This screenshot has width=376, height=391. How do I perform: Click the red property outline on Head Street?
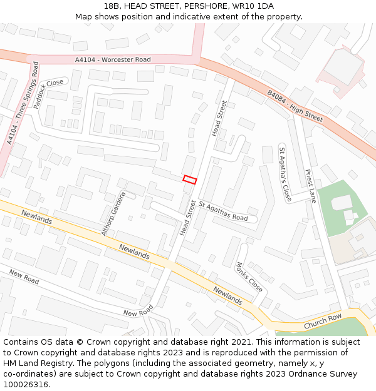(x=190, y=180)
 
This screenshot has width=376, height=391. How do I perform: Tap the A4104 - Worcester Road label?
(x=113, y=59)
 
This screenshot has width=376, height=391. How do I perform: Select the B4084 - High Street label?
(x=295, y=106)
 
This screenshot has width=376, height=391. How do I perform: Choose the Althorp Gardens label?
(x=113, y=214)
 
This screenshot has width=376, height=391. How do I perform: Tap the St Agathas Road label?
(x=223, y=211)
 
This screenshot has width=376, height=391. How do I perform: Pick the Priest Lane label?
(x=310, y=185)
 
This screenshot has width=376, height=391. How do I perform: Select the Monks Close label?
(x=249, y=277)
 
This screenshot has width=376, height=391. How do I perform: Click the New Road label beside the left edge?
(x=24, y=277)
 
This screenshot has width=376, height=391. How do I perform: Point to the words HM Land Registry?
(x=33, y=363)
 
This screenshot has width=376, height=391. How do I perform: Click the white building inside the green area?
(x=342, y=202)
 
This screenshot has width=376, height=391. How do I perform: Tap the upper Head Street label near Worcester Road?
(x=219, y=118)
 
